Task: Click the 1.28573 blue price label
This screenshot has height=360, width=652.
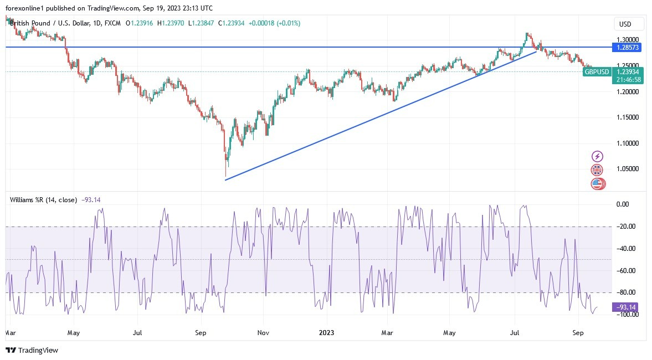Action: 628,48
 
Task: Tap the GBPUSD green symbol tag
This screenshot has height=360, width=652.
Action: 597,72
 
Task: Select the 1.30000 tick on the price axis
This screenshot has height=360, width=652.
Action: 628,40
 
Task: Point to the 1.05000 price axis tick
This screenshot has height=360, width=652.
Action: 628,169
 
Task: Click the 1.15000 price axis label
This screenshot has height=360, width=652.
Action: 628,117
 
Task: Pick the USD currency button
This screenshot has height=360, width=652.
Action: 629,24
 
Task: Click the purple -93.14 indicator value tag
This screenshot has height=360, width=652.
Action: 626,307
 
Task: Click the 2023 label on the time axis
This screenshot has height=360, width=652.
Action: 327,333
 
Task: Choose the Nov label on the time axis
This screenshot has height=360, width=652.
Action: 264,333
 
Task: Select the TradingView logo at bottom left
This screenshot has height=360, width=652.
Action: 32,350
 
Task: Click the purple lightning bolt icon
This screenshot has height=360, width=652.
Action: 597,157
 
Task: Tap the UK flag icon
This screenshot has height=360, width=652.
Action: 597,170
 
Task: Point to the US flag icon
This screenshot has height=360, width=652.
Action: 597,183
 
